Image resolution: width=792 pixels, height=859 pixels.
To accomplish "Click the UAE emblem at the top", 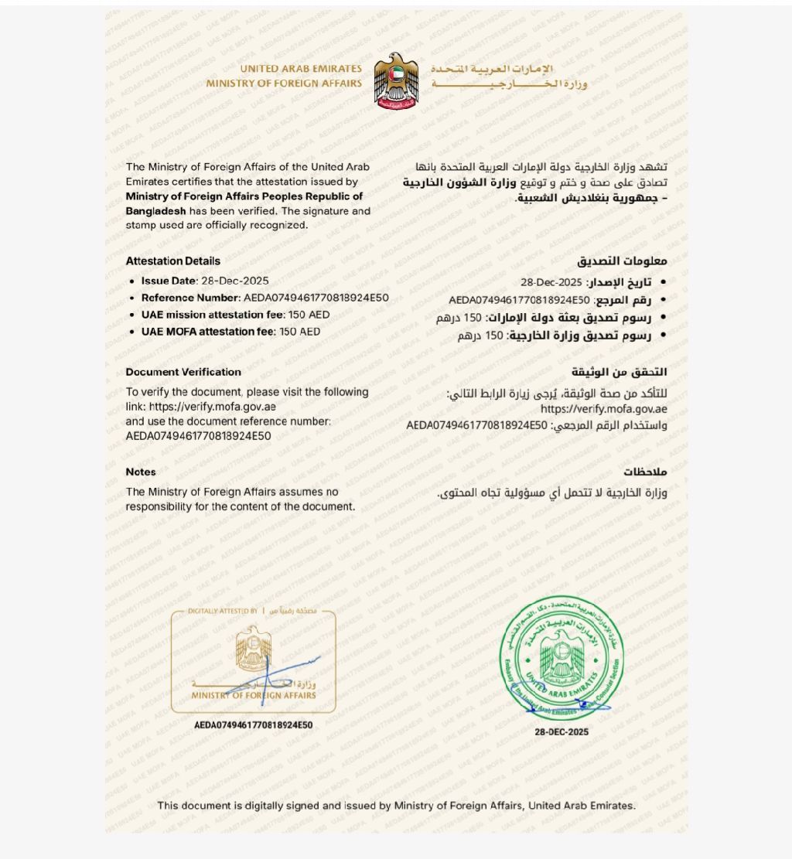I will [x=396, y=80].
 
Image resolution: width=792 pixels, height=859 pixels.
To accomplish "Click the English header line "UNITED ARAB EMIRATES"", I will [x=300, y=69].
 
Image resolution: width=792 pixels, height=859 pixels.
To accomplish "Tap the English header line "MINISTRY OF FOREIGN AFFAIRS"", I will [x=284, y=84].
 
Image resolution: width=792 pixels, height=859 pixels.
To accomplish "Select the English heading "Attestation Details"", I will [x=172, y=261].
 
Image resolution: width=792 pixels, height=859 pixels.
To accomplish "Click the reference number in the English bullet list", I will [x=316, y=298].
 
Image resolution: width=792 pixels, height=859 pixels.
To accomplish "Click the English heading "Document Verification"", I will [x=183, y=372].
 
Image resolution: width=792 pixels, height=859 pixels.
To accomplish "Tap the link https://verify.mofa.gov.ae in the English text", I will [x=213, y=407].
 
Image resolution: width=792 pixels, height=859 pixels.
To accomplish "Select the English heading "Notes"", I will [x=141, y=472].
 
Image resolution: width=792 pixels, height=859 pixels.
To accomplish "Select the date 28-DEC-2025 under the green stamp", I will [x=562, y=731].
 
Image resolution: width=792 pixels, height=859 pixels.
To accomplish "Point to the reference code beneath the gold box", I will [x=254, y=725].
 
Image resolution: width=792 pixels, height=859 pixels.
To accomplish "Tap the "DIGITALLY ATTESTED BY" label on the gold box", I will [x=223, y=611].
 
